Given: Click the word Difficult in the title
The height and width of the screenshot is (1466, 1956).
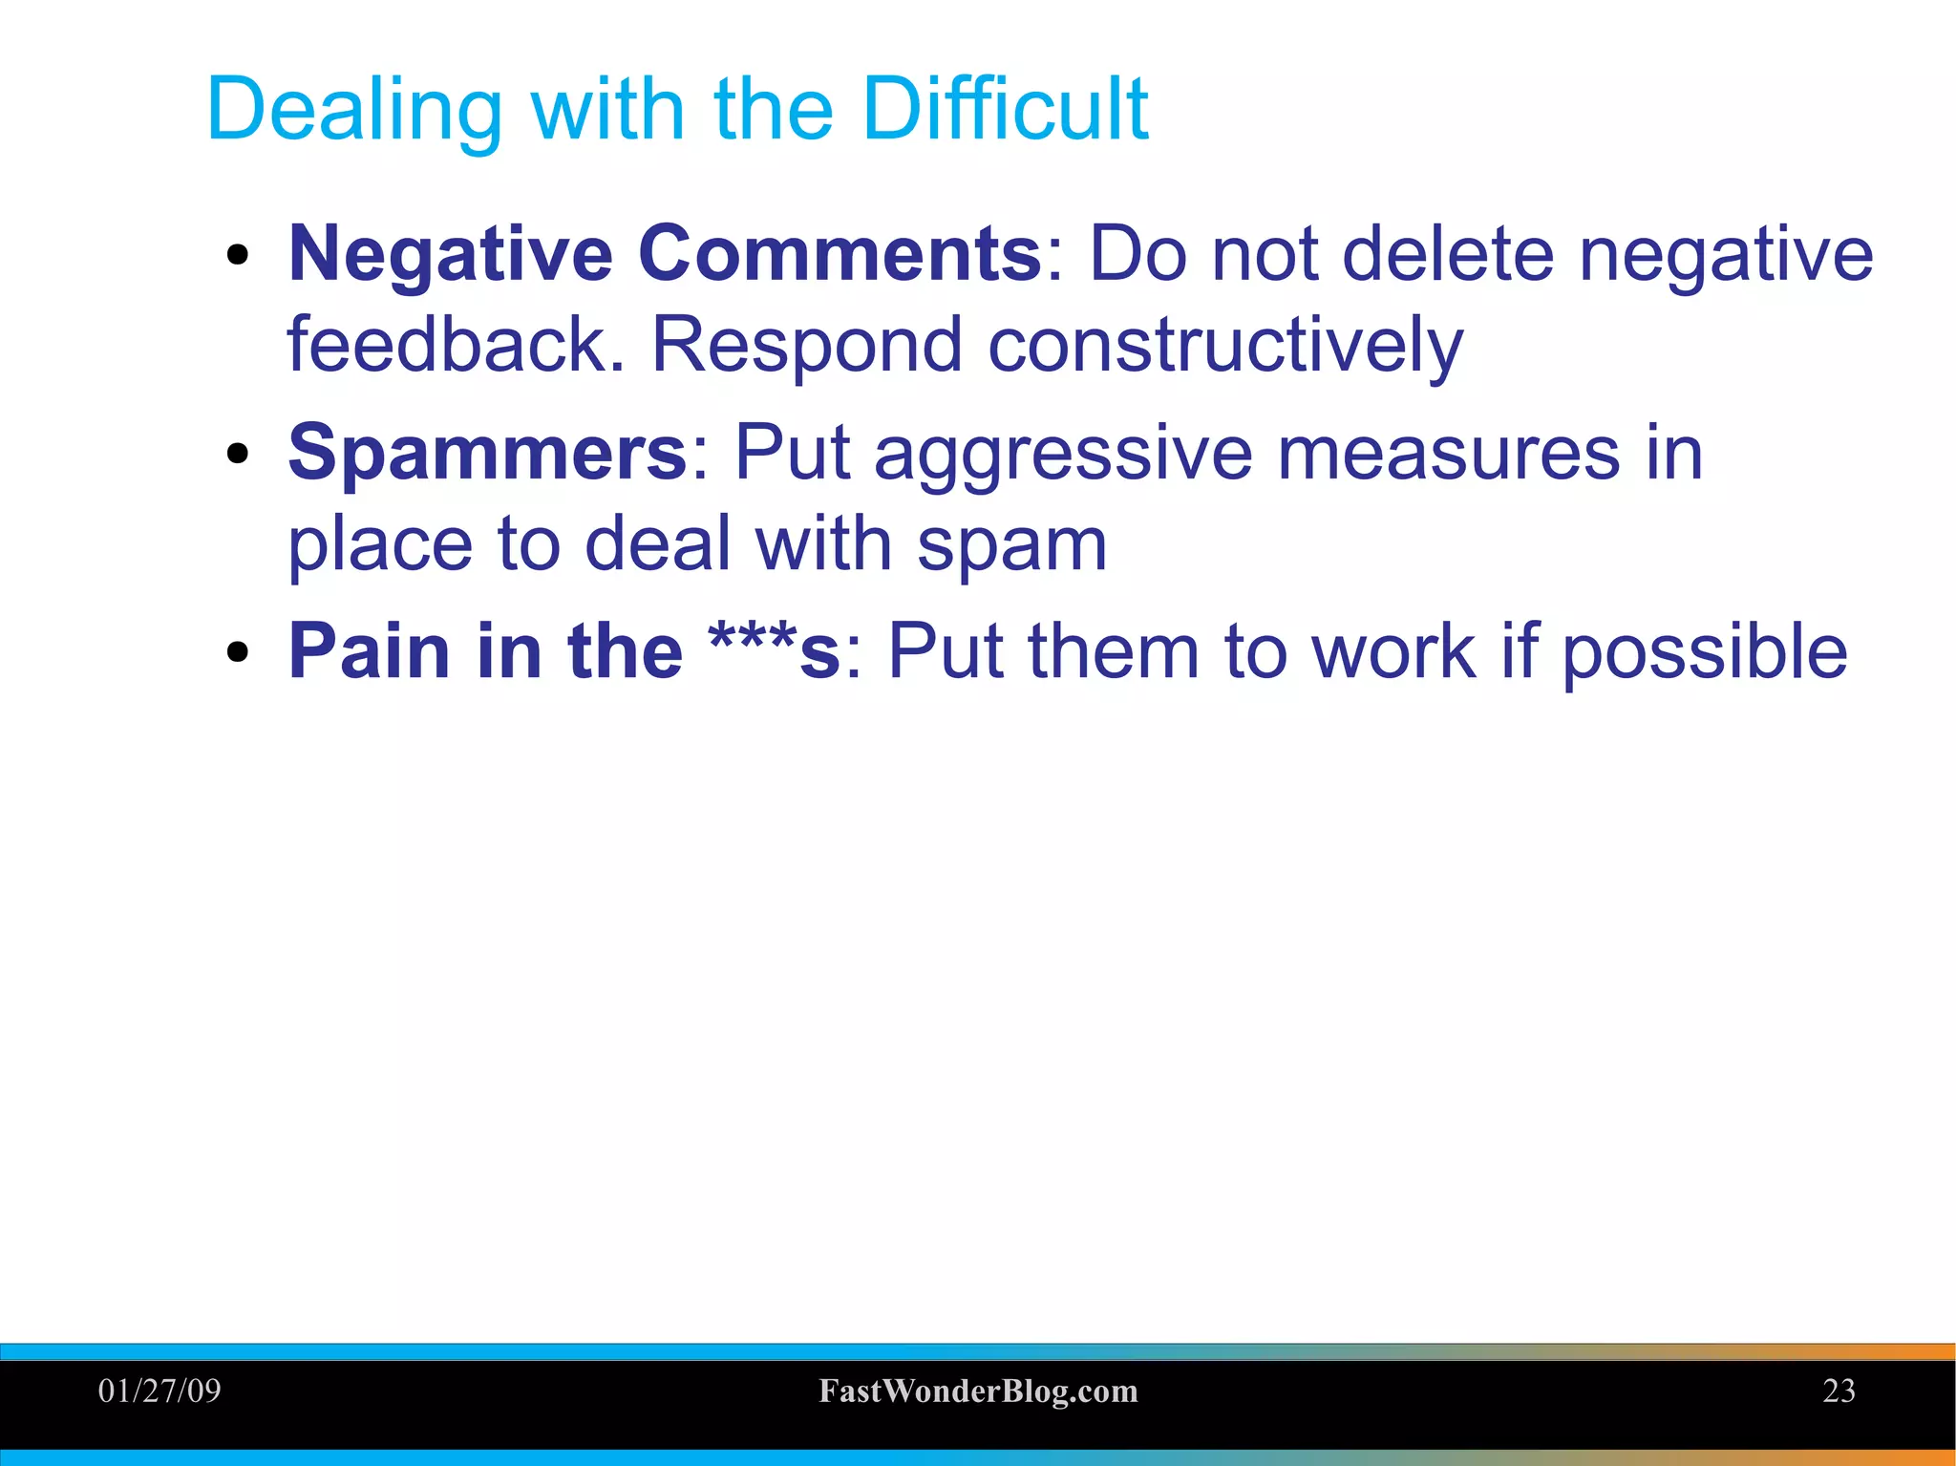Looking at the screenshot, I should (1005, 109).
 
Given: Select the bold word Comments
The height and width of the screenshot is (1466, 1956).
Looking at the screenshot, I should (840, 254).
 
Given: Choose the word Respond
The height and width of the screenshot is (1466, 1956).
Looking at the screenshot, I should (806, 346).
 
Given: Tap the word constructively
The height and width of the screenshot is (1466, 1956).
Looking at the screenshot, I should (1224, 346).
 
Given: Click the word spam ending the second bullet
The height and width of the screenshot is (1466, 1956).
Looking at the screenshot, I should (1011, 546).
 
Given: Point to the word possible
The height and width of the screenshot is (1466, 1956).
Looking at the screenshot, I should (1705, 654).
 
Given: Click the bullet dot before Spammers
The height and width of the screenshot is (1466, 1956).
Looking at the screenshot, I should (238, 455).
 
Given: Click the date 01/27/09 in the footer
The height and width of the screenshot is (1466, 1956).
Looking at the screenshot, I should (159, 1391).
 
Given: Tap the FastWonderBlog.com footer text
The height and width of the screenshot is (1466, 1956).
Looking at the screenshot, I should (978, 1392).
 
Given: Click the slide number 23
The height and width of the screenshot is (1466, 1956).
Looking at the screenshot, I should (1839, 1391).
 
